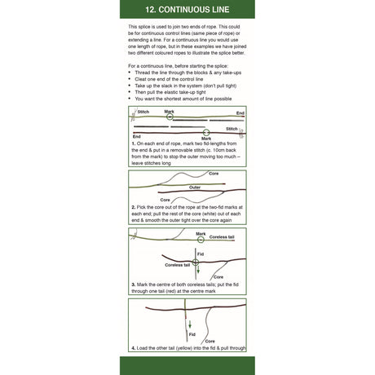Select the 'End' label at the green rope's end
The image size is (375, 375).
click(240, 112)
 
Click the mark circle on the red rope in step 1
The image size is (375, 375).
click(207, 131)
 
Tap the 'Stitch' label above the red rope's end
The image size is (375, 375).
click(232, 128)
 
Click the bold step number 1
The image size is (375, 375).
click(132, 143)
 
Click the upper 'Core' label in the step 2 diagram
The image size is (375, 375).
click(214, 174)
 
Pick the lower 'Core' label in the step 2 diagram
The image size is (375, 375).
click(165, 200)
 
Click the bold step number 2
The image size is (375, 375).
click(132, 207)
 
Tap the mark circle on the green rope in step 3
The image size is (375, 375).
click(200, 239)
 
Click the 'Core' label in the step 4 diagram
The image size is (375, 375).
click(210, 341)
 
